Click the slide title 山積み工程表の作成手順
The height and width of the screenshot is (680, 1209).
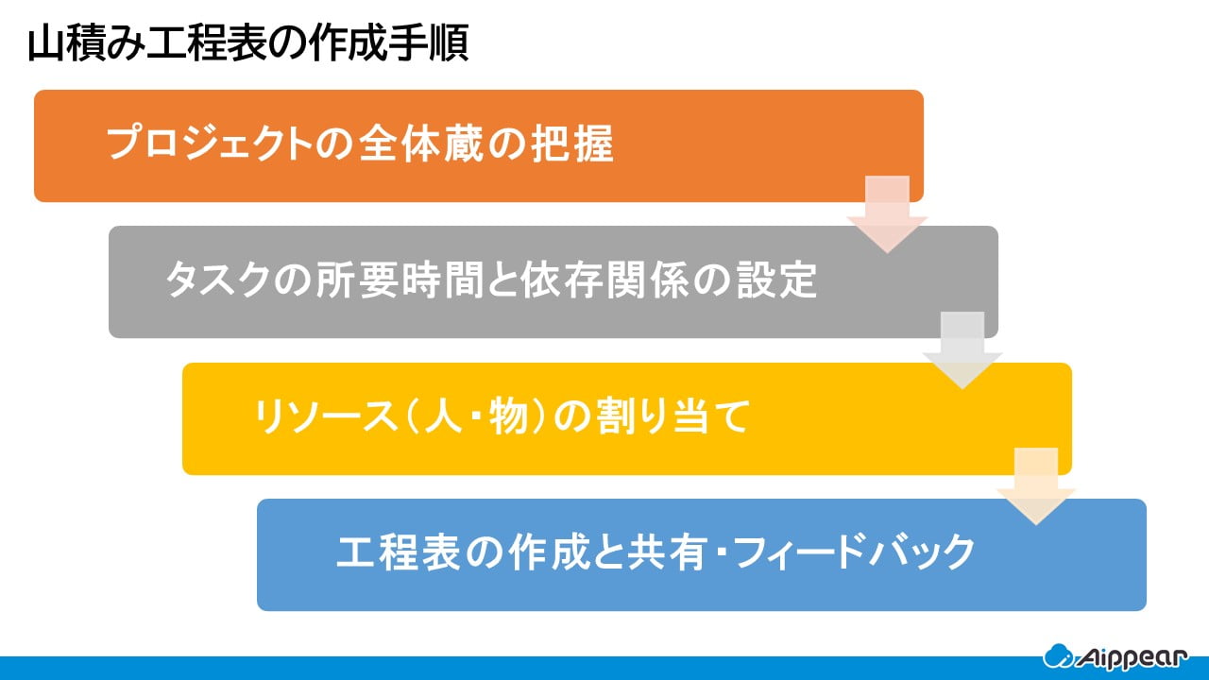tap(248, 42)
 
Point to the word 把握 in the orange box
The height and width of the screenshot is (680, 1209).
tap(572, 143)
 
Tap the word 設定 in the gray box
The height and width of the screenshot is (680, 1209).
tap(776, 280)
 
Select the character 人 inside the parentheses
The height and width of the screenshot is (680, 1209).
tap(444, 416)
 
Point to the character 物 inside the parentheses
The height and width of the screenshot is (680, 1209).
tap(508, 416)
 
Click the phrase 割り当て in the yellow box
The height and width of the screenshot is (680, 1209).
tap(673, 416)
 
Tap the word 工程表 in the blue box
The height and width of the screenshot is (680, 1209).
tap(399, 552)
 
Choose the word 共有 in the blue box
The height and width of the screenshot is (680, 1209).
tap(666, 552)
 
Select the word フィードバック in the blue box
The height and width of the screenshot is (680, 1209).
tap(855, 552)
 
